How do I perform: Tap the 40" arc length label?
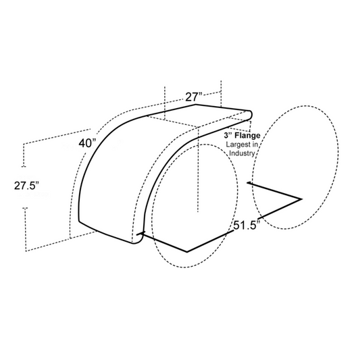[86, 143]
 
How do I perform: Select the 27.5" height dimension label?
[27, 186]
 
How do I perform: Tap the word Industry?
[242, 153]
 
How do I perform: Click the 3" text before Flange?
[228, 136]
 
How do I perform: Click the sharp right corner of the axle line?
[301, 199]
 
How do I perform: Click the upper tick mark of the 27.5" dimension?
[24, 165]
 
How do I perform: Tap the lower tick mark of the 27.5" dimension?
[24, 208]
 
